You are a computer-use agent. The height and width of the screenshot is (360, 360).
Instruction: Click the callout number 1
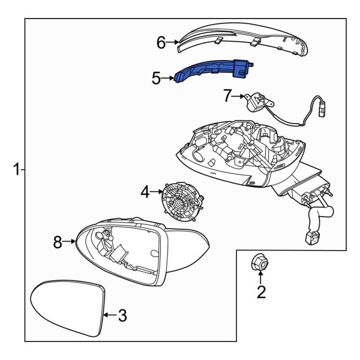(16, 170)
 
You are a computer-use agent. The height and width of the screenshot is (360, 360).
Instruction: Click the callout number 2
(260, 292)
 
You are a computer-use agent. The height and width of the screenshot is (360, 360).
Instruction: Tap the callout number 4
(146, 192)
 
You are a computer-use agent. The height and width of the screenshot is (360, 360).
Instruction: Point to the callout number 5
(156, 78)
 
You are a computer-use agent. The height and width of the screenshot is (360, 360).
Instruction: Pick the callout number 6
(161, 43)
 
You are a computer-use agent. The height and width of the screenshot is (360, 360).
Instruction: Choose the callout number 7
(227, 95)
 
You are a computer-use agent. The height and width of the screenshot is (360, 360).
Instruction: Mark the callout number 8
(58, 242)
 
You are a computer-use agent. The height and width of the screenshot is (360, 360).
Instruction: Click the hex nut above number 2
(260, 262)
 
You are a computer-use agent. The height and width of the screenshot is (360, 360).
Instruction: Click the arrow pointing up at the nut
(260, 278)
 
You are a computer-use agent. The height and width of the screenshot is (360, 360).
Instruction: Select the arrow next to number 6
(173, 43)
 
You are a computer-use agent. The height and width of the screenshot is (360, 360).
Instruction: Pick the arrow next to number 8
(70, 242)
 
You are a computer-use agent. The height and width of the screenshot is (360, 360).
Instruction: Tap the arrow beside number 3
(108, 314)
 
